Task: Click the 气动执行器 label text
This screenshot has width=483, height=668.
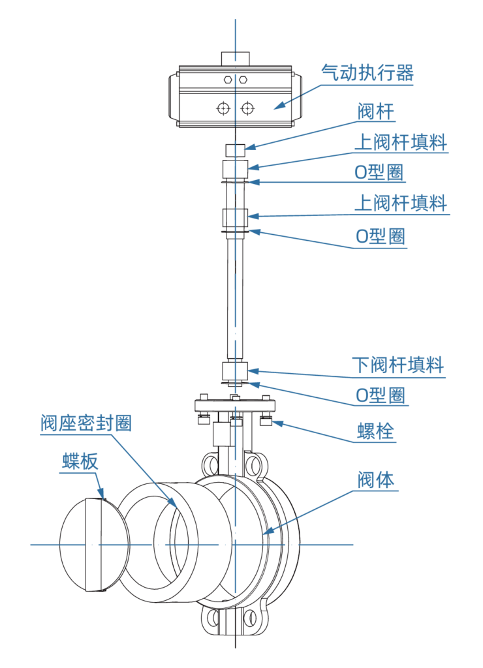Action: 367,72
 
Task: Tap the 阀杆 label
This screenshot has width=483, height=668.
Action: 376,112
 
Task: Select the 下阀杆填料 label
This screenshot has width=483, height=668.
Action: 398,364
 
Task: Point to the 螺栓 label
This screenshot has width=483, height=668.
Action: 375,431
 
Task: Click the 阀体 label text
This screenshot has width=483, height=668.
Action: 375,481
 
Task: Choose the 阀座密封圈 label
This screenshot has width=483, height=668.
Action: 86,423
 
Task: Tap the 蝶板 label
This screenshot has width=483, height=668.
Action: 80,462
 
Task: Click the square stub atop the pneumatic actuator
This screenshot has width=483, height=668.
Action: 236,57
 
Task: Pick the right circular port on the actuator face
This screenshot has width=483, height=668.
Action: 248,108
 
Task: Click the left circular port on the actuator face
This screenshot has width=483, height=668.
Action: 224,108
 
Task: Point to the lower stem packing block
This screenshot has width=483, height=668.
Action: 236,371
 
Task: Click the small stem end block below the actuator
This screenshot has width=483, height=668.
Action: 236,150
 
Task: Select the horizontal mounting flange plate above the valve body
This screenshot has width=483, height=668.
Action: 236,406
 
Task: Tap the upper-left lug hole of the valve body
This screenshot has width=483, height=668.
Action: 210,464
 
